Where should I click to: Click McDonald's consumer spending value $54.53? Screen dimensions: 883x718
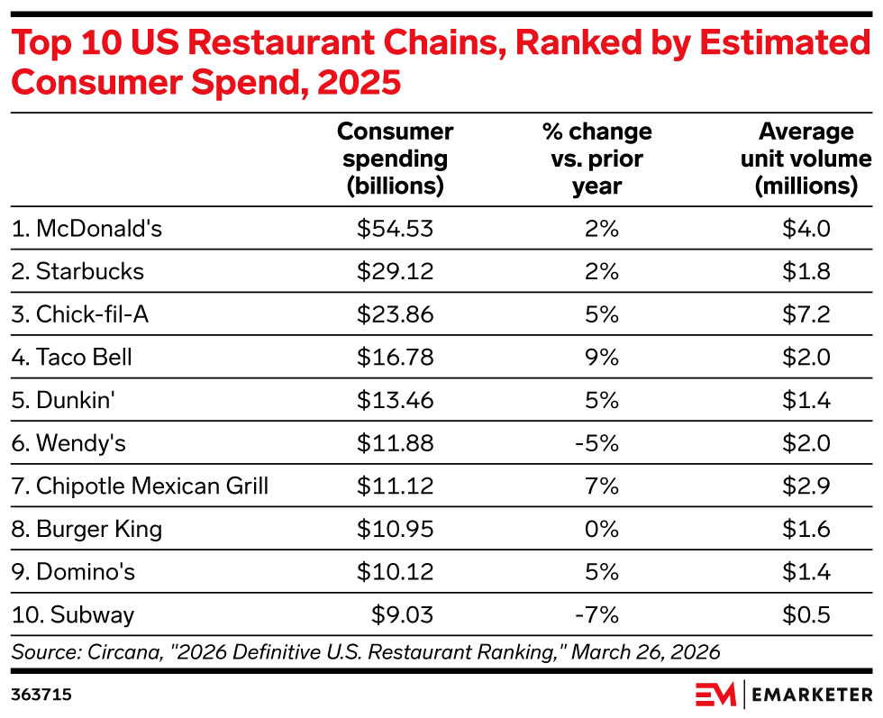pyautogui.click(x=395, y=229)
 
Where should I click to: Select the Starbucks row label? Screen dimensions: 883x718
pyautogui.click(x=77, y=271)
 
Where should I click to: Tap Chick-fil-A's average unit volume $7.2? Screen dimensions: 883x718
pyautogui.click(x=806, y=314)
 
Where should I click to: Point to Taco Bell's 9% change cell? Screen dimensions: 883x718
pyautogui.click(x=602, y=357)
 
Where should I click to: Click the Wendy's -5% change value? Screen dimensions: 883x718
pyautogui.click(x=596, y=443)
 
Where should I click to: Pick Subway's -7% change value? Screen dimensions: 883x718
pyautogui.click(x=596, y=614)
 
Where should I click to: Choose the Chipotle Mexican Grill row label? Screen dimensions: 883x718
pyautogui.click(x=140, y=486)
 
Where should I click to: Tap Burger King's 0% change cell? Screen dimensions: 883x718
pyautogui.click(x=602, y=529)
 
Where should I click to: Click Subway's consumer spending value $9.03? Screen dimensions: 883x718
pyautogui.click(x=402, y=614)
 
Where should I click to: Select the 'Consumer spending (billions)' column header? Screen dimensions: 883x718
pyautogui.click(x=396, y=159)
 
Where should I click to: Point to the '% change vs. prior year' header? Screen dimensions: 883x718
pyautogui.click(x=596, y=159)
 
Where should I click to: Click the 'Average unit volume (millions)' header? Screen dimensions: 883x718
pyautogui.click(x=806, y=159)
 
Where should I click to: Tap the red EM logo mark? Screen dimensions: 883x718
pyautogui.click(x=715, y=694)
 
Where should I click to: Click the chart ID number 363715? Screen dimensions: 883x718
pyautogui.click(x=41, y=695)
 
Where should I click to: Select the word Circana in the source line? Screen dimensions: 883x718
pyautogui.click(x=124, y=652)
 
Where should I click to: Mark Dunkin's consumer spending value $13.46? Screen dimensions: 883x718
pyautogui.click(x=395, y=400)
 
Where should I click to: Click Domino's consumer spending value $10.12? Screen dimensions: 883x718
pyautogui.click(x=395, y=571)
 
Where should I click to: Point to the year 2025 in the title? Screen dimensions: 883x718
pyautogui.click(x=359, y=82)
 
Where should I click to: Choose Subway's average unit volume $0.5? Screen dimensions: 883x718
pyautogui.click(x=806, y=614)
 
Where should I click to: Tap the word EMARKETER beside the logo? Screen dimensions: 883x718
pyautogui.click(x=812, y=695)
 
